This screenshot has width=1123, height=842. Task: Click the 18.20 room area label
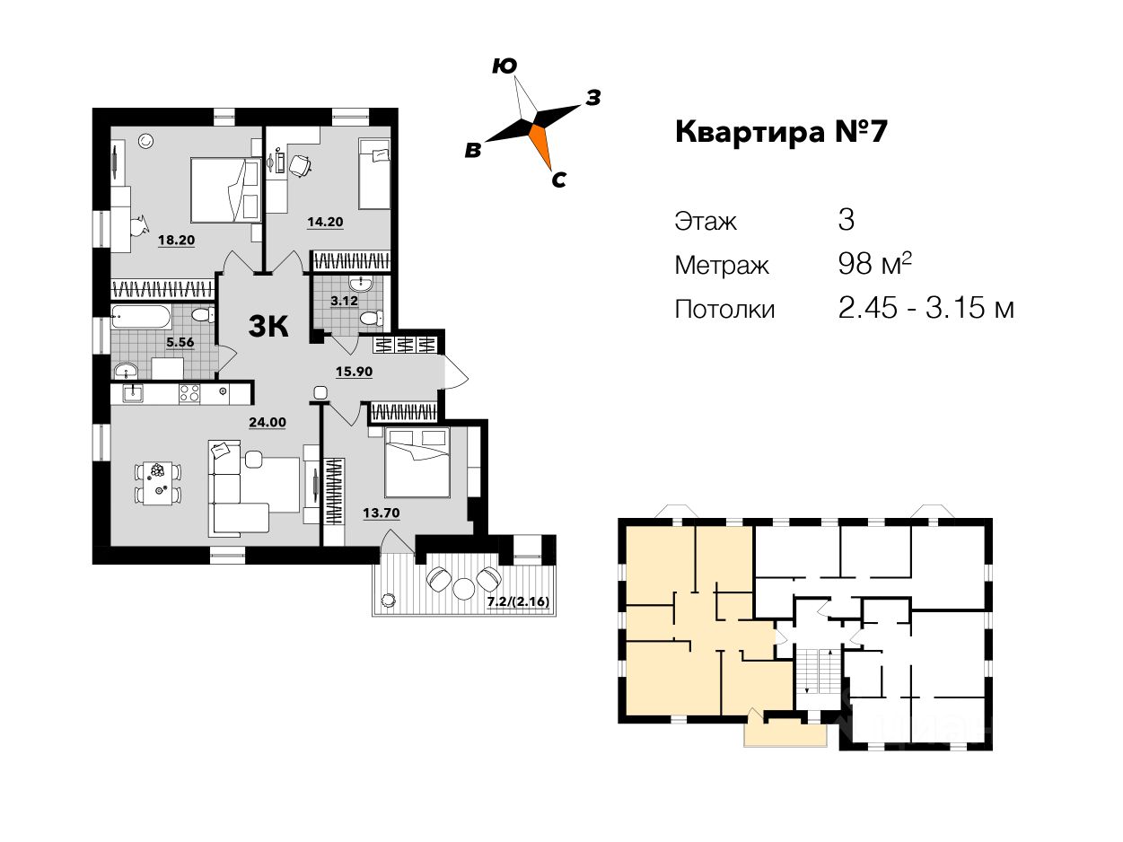[176, 240]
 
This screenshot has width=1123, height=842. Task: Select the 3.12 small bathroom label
[344, 301]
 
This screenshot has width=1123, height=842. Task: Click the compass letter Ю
[504, 66]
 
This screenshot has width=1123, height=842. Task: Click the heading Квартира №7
[781, 133]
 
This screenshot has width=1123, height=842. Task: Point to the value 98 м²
[874, 265]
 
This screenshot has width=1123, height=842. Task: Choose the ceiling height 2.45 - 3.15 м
[926, 309]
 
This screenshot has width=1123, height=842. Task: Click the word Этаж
[706, 221]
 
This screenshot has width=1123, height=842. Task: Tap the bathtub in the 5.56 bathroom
[141, 317]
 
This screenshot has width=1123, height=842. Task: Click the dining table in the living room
[159, 482]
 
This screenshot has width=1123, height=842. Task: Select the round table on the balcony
[464, 588]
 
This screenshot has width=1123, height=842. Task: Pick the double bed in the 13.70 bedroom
[417, 461]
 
